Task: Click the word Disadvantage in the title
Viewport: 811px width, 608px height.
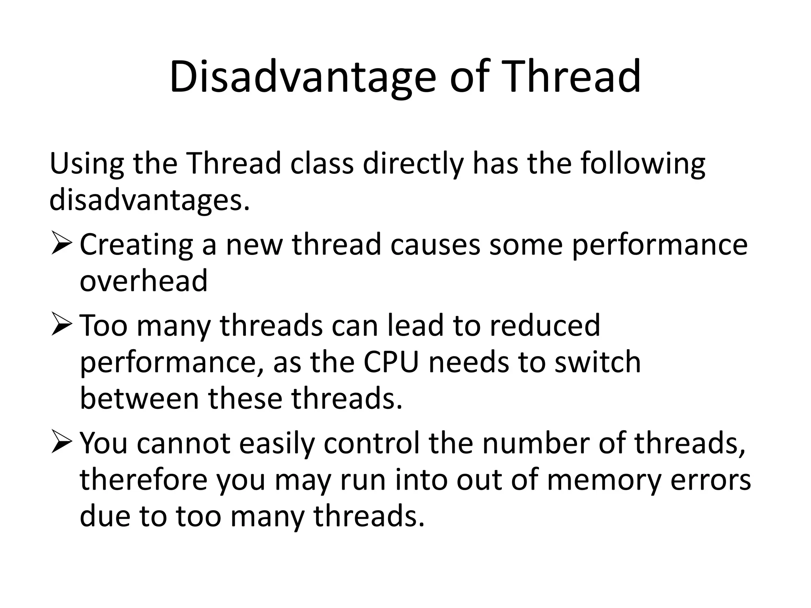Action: (303, 77)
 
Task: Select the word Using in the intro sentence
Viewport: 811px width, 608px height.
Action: (87, 163)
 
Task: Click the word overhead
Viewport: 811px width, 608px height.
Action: (143, 281)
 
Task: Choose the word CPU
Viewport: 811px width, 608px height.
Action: (391, 362)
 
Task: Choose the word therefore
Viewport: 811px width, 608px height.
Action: (143, 480)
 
